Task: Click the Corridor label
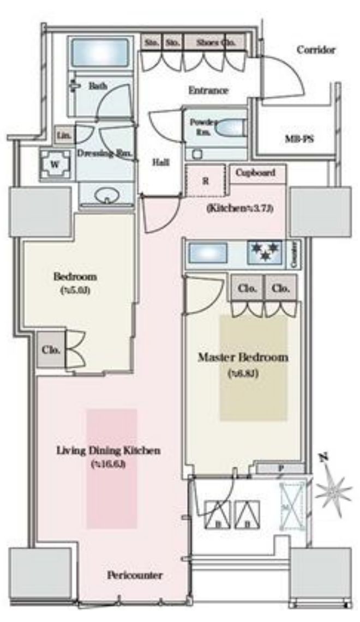pyautogui.click(x=316, y=50)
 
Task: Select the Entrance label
pyautogui.click(x=208, y=90)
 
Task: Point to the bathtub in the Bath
pyautogui.click(x=100, y=52)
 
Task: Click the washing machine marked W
pyautogui.click(x=55, y=164)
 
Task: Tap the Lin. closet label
pyautogui.click(x=63, y=135)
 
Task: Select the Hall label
pyautogui.click(x=160, y=162)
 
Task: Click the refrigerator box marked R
pyautogui.click(x=206, y=182)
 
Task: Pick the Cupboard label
pyautogui.click(x=255, y=173)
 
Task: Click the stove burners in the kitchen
pyautogui.click(x=265, y=252)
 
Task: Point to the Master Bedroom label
pyautogui.click(x=243, y=358)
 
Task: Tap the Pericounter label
pyautogui.click(x=135, y=575)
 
